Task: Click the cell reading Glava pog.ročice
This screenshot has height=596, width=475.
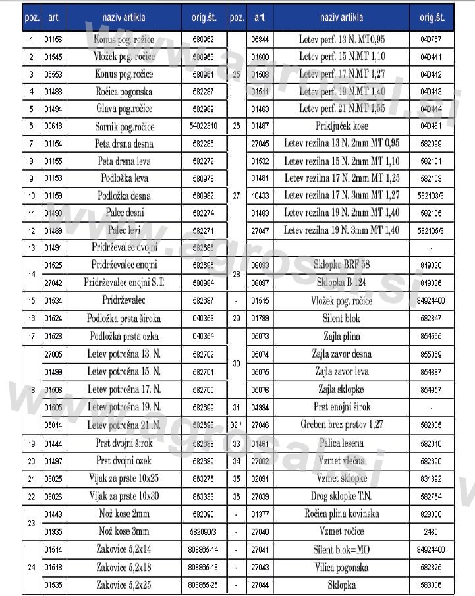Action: [x=124, y=109]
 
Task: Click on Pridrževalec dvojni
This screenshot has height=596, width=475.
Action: [x=124, y=248]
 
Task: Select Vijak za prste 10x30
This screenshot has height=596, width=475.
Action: [x=124, y=495]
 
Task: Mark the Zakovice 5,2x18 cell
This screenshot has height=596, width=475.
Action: [x=124, y=567]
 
